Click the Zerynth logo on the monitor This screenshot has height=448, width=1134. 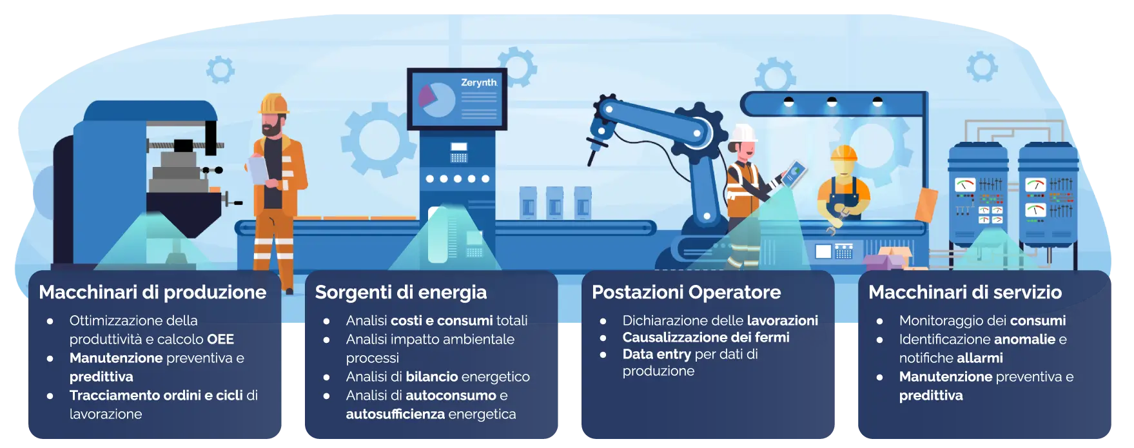[x=479, y=83]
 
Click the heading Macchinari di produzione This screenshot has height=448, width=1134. [x=153, y=292]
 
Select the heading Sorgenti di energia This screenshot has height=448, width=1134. [x=401, y=293]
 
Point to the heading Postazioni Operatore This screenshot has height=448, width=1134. [x=687, y=293]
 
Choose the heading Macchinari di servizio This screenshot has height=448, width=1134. [x=965, y=292]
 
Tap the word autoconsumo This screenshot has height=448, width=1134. [x=451, y=395]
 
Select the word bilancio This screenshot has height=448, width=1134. [x=432, y=376]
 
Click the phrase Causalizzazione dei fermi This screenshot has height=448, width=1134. [x=706, y=337]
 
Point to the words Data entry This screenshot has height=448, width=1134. [x=657, y=354]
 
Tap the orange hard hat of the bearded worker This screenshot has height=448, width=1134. [x=273, y=104]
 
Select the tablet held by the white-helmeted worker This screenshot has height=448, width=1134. [x=794, y=173]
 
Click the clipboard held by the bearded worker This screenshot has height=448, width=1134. [x=259, y=170]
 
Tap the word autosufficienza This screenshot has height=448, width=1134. [x=395, y=414]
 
